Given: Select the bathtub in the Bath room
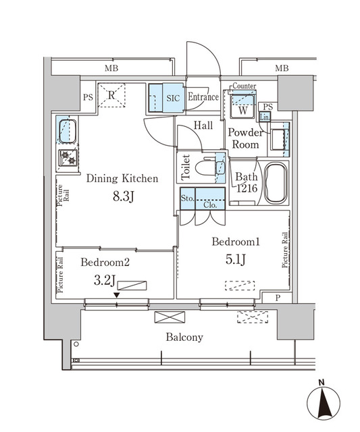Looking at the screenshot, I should pyautogui.click(x=275, y=184).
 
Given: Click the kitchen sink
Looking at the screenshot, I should pyautogui.click(x=67, y=130).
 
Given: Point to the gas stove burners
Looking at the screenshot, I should pyautogui.click(x=68, y=158).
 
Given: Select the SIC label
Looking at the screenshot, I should pyautogui.click(x=174, y=97).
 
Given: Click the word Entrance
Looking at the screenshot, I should pyautogui.click(x=203, y=97).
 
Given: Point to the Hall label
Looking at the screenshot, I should pyautogui.click(x=203, y=126).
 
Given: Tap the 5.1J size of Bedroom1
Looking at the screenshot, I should pyautogui.click(x=234, y=261).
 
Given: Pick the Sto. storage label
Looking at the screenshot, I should pyautogui.click(x=186, y=198).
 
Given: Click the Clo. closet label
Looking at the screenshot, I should pyautogui.click(x=210, y=205).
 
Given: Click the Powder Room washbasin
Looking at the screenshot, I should pyautogui.click(x=277, y=142).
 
